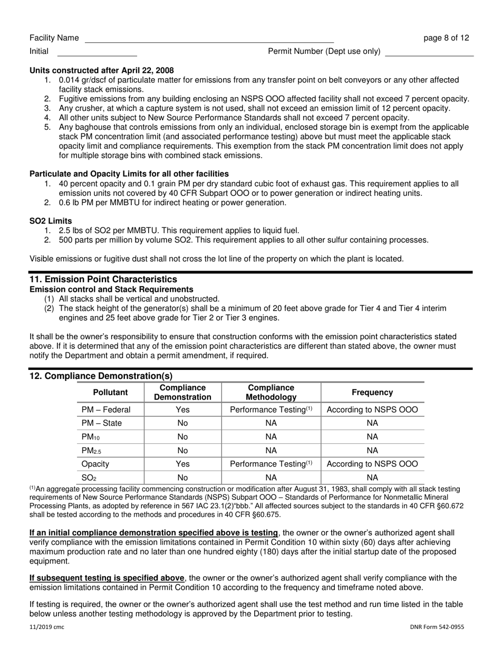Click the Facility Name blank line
[209, 39]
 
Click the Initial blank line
[97, 52]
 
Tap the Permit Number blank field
[429, 52]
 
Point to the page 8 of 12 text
[446, 38]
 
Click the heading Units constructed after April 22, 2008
[102, 70]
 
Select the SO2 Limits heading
[51, 221]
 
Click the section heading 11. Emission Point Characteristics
[103, 279]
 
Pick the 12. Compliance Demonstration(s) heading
[101, 376]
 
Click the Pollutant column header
[110, 393]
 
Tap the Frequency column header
[372, 393]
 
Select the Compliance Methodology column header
[271, 393]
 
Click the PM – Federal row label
[106, 410]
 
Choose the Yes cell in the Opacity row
[182, 464]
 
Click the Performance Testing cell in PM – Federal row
[271, 410]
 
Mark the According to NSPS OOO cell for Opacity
[372, 464]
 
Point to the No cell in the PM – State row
[182, 423]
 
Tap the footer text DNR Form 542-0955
[437, 627]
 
